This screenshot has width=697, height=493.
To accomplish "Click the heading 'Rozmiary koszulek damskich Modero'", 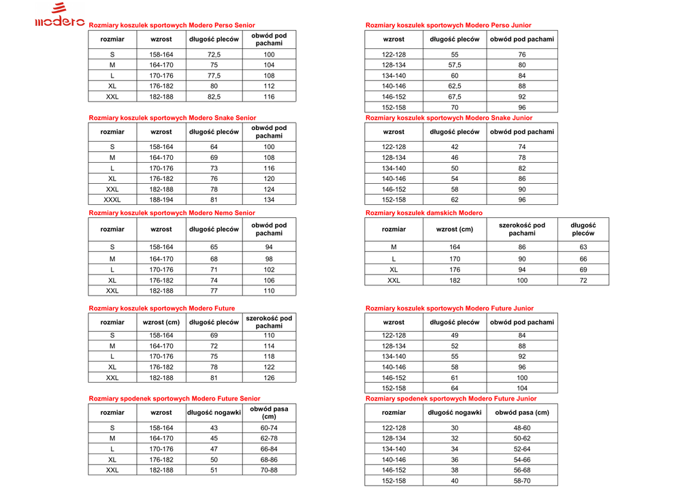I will tap(423, 213).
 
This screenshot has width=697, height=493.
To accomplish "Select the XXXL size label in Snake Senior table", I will tap(112, 200).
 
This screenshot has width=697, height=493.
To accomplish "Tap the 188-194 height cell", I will tap(161, 200).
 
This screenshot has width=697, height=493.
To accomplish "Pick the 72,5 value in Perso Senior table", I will tap(214, 54).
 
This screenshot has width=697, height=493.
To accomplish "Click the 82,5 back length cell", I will tap(214, 97).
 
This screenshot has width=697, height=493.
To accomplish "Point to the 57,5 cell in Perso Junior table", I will tap(454, 65).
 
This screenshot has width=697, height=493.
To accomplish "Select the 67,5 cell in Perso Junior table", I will tap(454, 97).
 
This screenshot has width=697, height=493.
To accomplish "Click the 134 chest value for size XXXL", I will tap(269, 200).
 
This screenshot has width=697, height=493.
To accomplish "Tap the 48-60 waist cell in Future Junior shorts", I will tap(521, 428).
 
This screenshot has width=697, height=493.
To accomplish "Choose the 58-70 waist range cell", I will tap(521, 481).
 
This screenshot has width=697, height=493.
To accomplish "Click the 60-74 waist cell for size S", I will tap(269, 428).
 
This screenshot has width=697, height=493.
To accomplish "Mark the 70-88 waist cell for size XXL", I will tap(269, 471).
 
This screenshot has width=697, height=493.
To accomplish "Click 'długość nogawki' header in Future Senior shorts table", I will tap(214, 413).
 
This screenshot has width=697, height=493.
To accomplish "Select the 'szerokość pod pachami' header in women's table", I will tap(521, 229).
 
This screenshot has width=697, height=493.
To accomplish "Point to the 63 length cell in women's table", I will tap(583, 248).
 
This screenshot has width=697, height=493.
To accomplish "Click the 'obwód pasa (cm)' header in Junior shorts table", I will tap(521, 413).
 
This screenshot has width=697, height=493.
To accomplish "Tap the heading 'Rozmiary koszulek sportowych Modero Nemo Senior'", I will tap(172, 213).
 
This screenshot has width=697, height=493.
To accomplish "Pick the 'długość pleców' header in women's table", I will tap(583, 229).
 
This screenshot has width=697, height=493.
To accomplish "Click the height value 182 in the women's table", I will tap(454, 281).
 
